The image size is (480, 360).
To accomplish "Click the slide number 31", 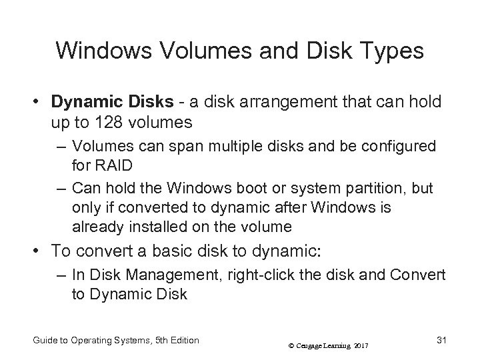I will (441, 341).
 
